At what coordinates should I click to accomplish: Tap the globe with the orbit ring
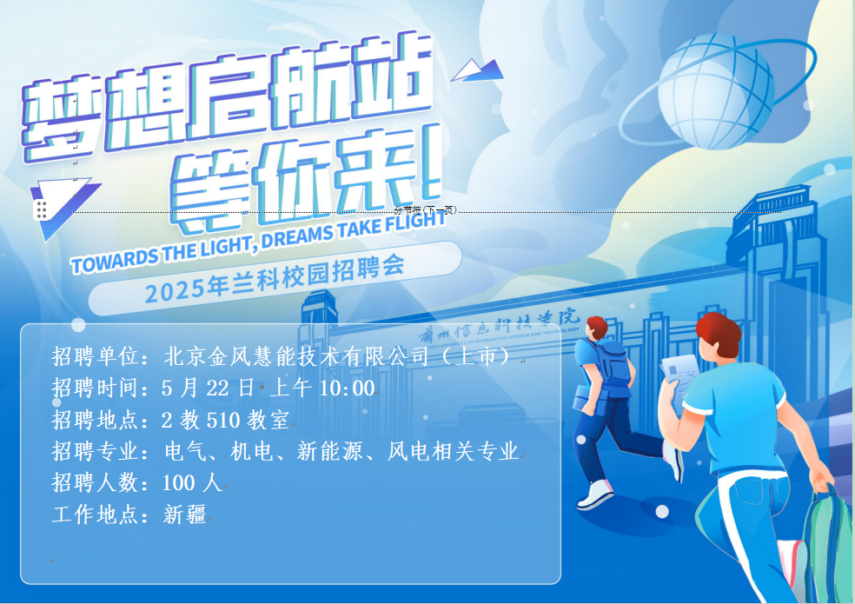click(715, 91)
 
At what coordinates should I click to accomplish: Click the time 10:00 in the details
click(347, 388)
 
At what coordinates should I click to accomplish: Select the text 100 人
click(192, 483)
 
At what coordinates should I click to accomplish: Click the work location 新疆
click(184, 514)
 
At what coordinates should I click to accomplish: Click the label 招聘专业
click(95, 451)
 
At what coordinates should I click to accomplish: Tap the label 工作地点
click(95, 514)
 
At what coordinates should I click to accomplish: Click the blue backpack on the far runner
click(614, 362)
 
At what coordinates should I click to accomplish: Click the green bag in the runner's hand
click(828, 546)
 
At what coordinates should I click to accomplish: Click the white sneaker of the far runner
click(595, 494)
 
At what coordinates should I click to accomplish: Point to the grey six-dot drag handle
click(42, 209)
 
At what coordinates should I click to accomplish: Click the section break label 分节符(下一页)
click(426, 210)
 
